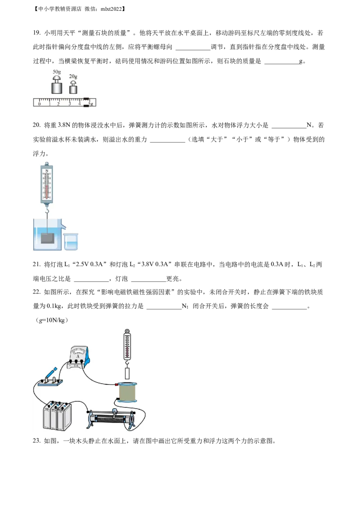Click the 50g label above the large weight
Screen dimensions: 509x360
pyautogui.click(x=57, y=72)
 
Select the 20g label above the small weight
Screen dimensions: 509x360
pyautogui.click(x=73, y=77)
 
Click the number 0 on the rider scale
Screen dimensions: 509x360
pyautogui.click(x=39, y=104)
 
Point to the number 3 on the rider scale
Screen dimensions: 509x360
pyautogui.click(x=69, y=104)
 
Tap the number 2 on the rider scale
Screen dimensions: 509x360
pyautogui.click(x=59, y=104)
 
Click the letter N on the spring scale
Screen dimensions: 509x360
pyautogui.click(x=47, y=170)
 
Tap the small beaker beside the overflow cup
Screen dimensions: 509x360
pyautogui.click(x=71, y=241)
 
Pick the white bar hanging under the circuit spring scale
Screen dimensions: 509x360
pyautogui.click(x=127, y=373)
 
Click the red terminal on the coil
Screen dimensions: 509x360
pyautogui.click(x=117, y=384)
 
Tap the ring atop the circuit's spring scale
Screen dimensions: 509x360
pyautogui.click(x=127, y=332)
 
